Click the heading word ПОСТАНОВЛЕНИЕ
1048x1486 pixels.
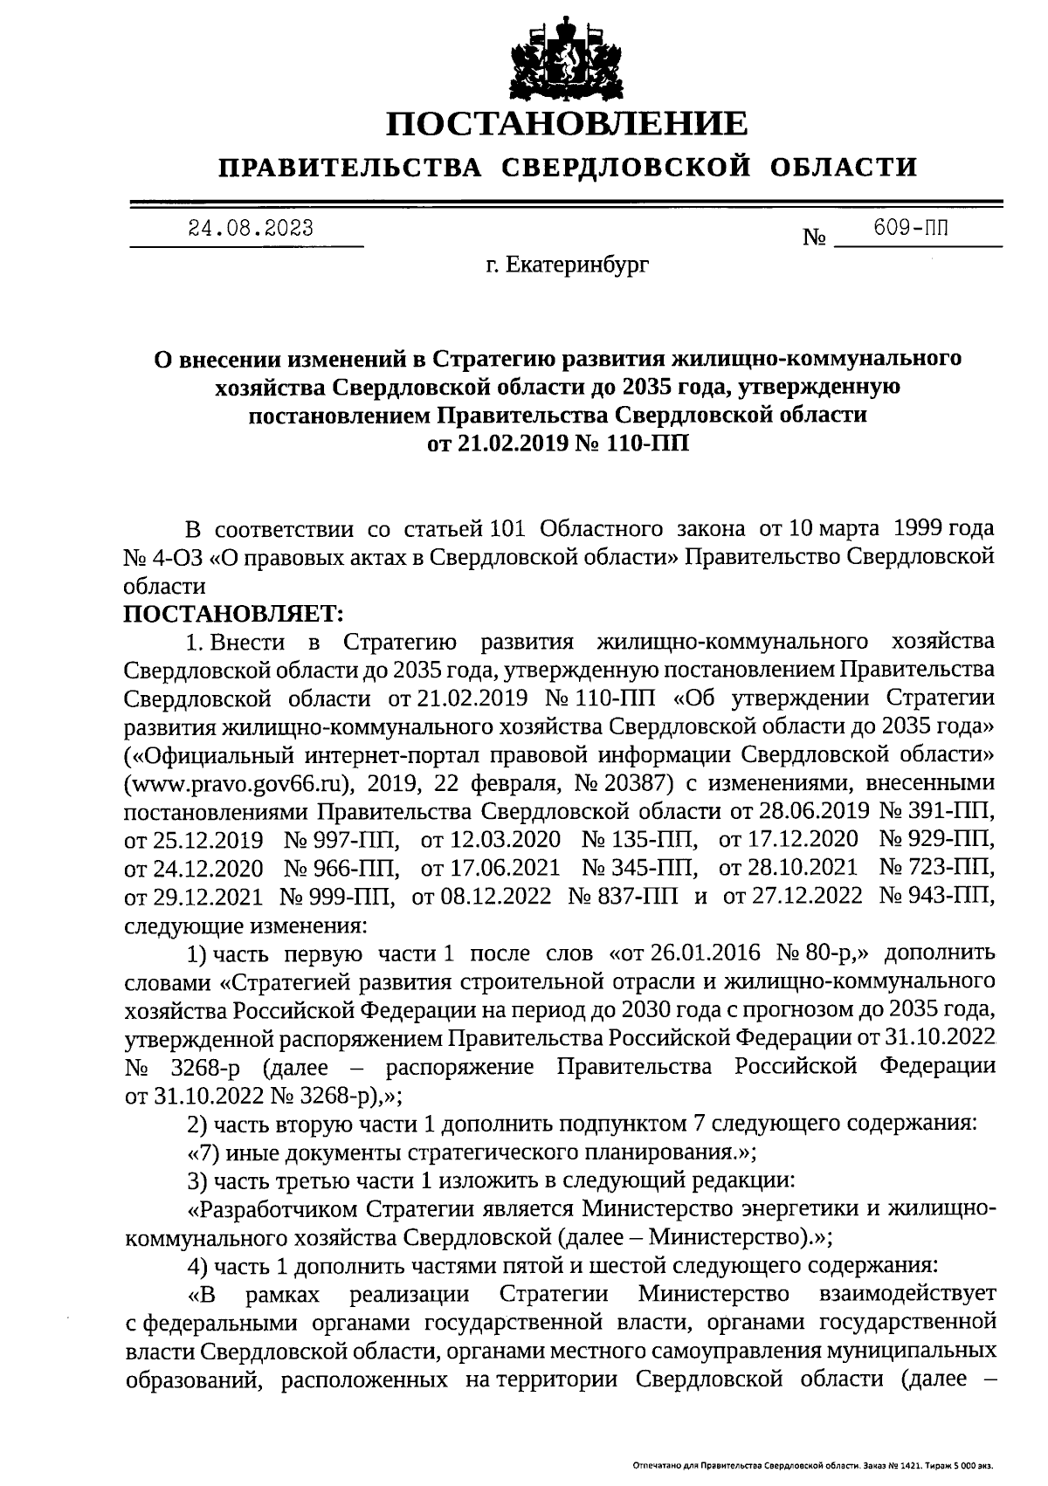pos(568,123)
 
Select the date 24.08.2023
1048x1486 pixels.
pos(251,229)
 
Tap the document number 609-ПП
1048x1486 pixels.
pos(911,229)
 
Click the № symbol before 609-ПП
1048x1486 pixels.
pos(814,237)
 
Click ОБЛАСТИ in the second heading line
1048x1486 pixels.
pos(845,167)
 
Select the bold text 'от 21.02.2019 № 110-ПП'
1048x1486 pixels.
pos(558,444)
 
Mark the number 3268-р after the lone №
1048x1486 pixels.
pos(203,1067)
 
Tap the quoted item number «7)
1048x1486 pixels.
pos(205,1152)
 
